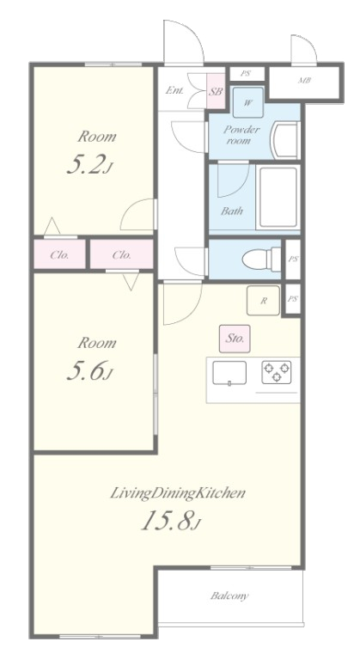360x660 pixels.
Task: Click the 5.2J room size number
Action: (89, 165)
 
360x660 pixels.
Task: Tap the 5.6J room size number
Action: (89, 371)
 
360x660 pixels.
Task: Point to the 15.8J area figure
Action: (171, 521)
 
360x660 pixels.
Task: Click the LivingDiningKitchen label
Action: (178, 493)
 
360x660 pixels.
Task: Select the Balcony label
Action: (229, 596)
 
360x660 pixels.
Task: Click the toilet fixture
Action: (261, 260)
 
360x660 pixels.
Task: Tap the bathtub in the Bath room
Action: (278, 198)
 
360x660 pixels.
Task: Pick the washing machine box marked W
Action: (248, 102)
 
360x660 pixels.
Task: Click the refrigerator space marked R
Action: (263, 300)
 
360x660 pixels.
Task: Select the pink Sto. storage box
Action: (235, 339)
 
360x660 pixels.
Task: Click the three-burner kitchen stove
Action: (277, 372)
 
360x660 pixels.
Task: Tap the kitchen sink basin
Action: (229, 373)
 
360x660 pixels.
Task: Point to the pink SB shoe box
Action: (216, 91)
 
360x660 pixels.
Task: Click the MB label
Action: (304, 80)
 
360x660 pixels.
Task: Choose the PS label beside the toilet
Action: (293, 259)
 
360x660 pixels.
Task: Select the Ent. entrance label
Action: (174, 90)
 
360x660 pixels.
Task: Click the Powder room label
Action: (241, 135)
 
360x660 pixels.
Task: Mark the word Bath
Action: (232, 211)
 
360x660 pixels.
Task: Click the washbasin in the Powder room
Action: (286, 140)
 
